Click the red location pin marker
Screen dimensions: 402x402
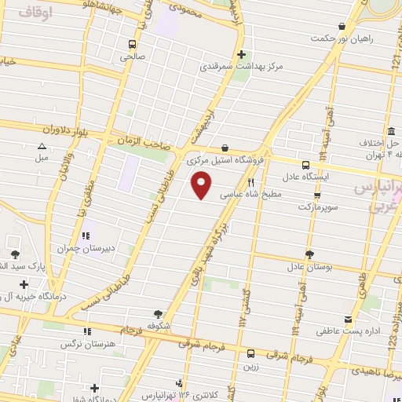tap(201, 185)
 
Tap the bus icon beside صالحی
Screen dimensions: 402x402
tap(131, 44)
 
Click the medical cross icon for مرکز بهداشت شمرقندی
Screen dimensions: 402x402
tap(242, 54)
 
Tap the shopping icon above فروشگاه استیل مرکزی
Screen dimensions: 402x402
tap(225, 147)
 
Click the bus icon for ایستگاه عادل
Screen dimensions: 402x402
tap(305, 165)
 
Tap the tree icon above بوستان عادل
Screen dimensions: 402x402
tap(309, 254)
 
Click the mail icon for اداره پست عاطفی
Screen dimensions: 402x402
tap(323, 318)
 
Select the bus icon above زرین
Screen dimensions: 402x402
tap(250, 353)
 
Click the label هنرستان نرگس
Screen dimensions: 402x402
tap(114, 344)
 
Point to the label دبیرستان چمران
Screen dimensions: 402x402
tap(86, 248)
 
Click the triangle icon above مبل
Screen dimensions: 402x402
tap(42, 145)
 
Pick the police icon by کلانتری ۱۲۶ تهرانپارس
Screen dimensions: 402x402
tap(181, 384)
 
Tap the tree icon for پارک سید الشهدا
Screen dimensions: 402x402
tap(15, 254)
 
